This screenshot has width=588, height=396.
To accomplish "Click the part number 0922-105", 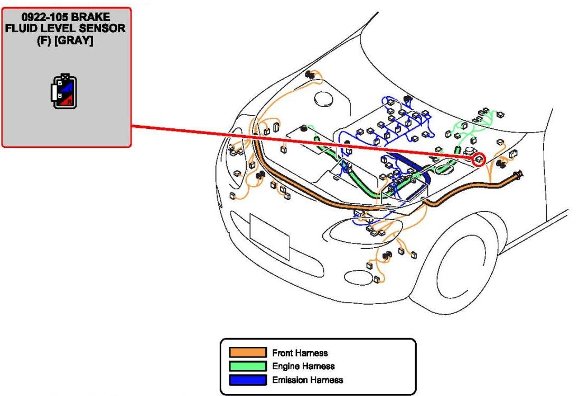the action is click(45, 17).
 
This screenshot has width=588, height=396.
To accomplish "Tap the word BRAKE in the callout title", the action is click(91, 17).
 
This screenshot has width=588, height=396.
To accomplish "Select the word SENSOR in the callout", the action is click(101, 28).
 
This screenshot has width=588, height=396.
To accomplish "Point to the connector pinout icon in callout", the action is click(64, 91).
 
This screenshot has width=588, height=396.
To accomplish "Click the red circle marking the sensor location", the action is click(479, 159).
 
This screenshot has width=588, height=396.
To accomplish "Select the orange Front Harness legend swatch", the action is click(248, 352).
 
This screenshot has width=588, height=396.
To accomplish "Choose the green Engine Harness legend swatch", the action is click(248, 366).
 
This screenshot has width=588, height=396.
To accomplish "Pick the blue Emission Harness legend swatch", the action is click(248, 380).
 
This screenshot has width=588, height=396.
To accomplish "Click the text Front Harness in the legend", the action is click(300, 353).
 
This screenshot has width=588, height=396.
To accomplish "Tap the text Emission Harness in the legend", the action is click(307, 380).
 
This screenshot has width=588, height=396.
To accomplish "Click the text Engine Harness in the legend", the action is click(303, 366).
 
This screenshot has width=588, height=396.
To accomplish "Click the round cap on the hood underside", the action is click(323, 99).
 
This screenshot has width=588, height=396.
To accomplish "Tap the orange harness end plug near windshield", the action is click(519, 174).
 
